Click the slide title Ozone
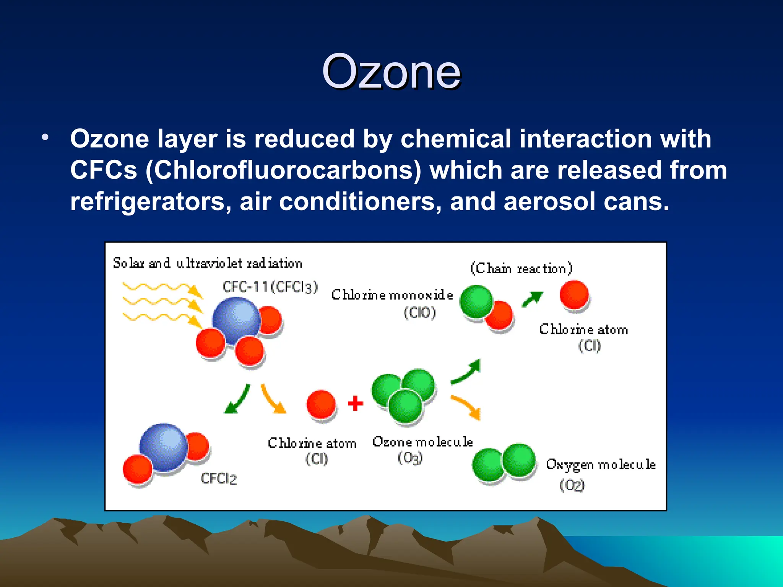pyautogui.click(x=391, y=72)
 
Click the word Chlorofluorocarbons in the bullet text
pyautogui.click(x=283, y=170)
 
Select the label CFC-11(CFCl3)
pyautogui.click(x=270, y=287)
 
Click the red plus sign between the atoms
pyautogui.click(x=355, y=404)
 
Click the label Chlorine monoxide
pyautogui.click(x=392, y=295)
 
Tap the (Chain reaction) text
pyautogui.click(x=521, y=268)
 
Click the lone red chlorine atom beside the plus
pyautogui.click(x=321, y=404)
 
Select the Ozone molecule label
pyautogui.click(x=422, y=442)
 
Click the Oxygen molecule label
pyautogui.click(x=601, y=464)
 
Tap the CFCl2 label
pyautogui.click(x=219, y=478)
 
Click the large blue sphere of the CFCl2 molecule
pyautogui.click(x=164, y=447)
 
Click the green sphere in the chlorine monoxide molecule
pyautogui.click(x=476, y=302)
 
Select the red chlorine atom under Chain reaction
pyautogui.click(x=574, y=295)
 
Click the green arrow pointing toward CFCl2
pyautogui.click(x=237, y=399)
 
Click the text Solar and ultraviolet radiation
pyautogui.click(x=207, y=263)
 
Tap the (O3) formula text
pyautogui.click(x=410, y=457)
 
